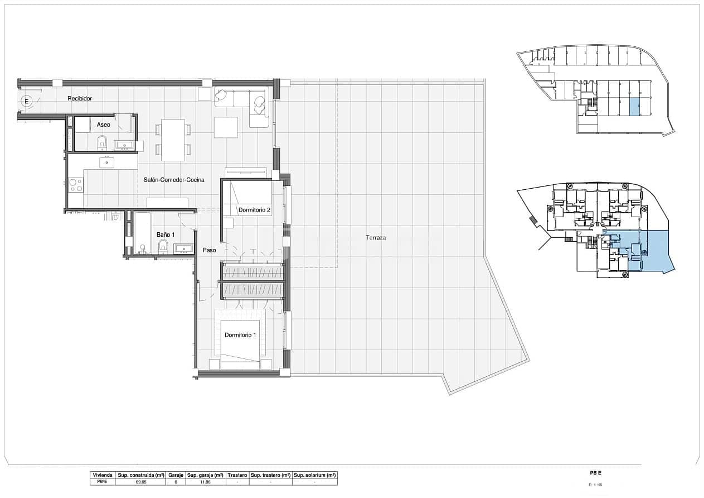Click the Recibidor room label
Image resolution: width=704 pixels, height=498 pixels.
80,99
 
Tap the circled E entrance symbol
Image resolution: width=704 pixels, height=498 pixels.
26,101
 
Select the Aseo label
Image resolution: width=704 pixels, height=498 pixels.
104,124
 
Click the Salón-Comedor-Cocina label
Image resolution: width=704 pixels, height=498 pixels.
174,180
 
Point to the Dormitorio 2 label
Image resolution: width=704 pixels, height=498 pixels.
254,210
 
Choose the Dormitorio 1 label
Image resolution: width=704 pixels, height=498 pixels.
240,335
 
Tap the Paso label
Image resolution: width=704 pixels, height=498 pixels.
209,250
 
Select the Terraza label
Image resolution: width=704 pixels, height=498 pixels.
376,238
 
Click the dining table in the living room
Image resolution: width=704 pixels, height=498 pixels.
173,140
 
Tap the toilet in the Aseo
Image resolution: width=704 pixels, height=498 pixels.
102,143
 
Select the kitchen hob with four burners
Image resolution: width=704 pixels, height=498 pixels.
75,184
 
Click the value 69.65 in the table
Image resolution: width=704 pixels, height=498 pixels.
140,481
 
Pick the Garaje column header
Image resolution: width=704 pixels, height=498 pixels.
176,475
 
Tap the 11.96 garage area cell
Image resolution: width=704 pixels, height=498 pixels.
205,481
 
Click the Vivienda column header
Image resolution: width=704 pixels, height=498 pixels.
102,475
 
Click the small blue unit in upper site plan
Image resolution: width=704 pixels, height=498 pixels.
634,107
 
